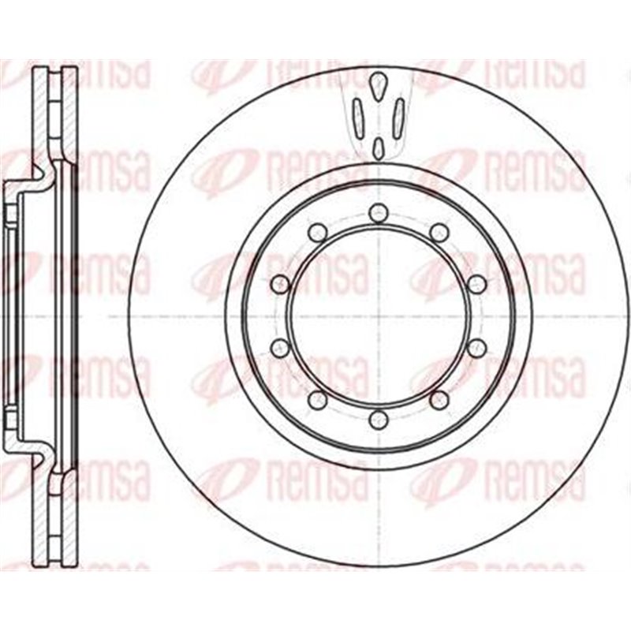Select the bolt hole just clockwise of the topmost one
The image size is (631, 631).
tap(440, 232)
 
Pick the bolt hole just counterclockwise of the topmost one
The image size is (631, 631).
tap(318, 232)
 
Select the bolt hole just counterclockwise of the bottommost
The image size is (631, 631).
tap(440, 399)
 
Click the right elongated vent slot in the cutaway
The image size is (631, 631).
tap(398, 114)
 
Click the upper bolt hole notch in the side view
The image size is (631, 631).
tap(10, 213)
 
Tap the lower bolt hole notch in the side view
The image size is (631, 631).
tap(10, 418)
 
